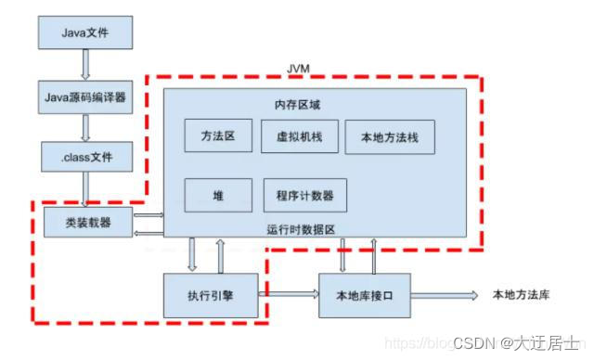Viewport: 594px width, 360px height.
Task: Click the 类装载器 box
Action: [x=86, y=223]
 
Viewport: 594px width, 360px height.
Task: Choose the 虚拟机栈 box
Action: [x=298, y=137]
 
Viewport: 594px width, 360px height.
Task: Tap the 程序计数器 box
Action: [x=304, y=195]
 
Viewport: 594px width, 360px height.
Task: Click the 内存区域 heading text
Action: [x=299, y=103]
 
